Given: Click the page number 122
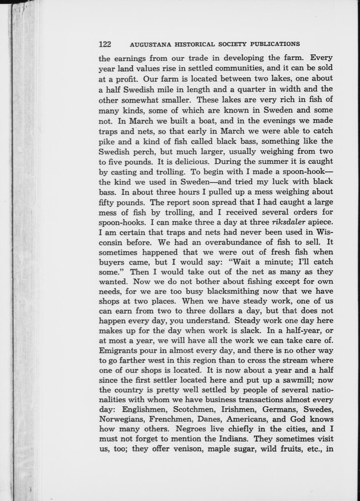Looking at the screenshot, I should [x=105, y=44].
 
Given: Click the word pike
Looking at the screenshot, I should [x=106, y=141].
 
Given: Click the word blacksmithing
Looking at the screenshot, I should [x=233, y=291].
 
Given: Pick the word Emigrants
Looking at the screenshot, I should [x=117, y=351].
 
